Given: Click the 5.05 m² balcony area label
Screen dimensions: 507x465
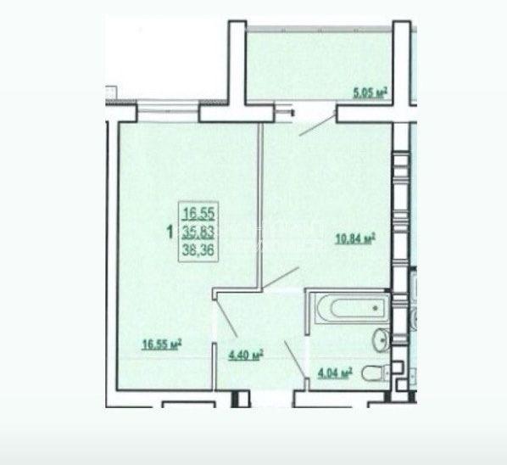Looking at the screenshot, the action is (370, 92).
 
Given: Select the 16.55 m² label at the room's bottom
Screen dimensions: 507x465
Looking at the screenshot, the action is (162, 345).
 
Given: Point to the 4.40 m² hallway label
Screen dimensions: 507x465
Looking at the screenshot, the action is (246, 355).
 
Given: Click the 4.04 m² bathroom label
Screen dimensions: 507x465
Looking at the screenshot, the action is (335, 373).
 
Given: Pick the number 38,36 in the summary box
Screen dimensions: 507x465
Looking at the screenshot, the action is (198, 249).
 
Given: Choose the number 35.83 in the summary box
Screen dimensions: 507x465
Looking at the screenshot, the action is (198, 232).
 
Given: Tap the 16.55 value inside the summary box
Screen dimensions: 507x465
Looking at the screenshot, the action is (198, 214).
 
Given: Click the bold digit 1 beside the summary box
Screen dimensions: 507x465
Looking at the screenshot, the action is (170, 232).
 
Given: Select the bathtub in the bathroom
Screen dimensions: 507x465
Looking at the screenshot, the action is (351, 308).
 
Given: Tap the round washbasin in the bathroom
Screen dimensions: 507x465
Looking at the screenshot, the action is (381, 339).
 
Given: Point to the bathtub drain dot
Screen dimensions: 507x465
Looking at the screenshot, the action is (376, 308).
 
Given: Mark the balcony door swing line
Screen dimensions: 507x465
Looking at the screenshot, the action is (317, 123).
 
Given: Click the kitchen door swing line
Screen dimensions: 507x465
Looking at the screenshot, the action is (280, 278).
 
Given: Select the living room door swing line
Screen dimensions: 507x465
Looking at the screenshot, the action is (226, 318).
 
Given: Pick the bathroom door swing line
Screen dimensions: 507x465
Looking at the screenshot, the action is (295, 359).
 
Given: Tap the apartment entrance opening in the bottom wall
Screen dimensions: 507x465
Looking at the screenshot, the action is (271, 399).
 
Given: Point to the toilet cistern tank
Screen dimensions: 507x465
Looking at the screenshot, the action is (387, 373).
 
